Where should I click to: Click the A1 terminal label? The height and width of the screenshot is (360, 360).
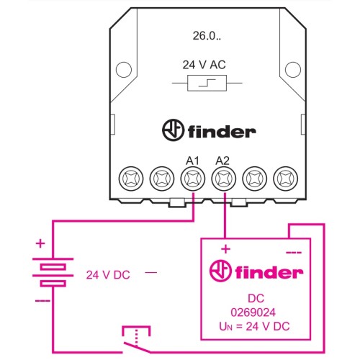(x=192, y=161)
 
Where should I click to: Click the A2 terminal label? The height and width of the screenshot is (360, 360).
(x=222, y=161)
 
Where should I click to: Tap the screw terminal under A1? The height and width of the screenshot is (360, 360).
(x=193, y=179)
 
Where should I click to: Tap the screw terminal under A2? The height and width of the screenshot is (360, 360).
(x=224, y=179)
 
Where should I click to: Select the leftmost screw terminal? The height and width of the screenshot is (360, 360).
(x=131, y=179)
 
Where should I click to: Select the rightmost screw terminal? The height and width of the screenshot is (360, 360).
(x=286, y=179)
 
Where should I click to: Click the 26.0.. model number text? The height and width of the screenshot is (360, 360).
(x=207, y=36)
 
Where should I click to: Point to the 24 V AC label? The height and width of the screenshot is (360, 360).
(x=204, y=65)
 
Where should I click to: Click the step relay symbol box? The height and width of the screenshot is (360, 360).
(x=207, y=83)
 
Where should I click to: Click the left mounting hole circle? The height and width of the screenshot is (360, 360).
(x=124, y=70)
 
